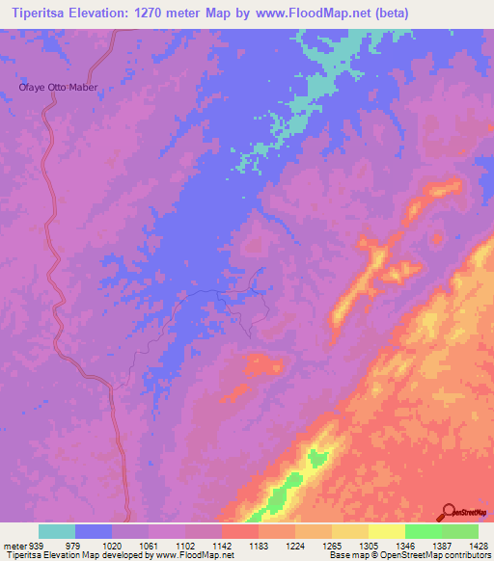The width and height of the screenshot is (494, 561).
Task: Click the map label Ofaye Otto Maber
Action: pos(60,87)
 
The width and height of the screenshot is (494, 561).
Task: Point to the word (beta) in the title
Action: pos(389,13)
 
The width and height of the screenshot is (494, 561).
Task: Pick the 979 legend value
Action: pos(72,545)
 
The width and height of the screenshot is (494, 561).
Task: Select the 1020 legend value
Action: pos(112,545)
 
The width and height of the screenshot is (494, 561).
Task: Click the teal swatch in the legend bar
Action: pos(57,531)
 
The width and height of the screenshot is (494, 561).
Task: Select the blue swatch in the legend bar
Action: pos(94,531)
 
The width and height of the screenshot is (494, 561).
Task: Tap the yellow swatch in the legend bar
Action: pos(386,531)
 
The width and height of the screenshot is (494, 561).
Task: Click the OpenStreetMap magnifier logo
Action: pos(449,512)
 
